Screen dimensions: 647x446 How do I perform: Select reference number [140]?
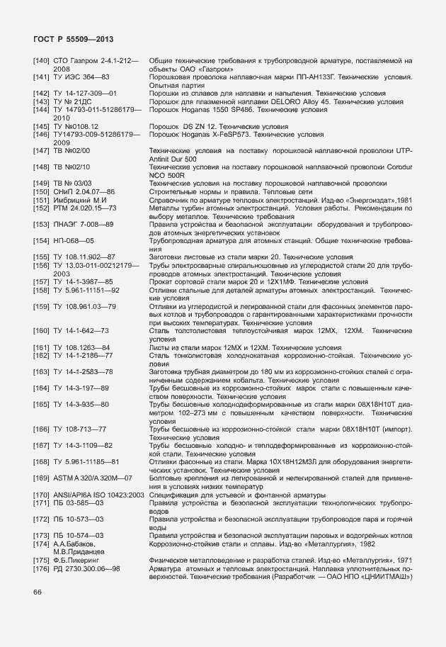tap(41, 62)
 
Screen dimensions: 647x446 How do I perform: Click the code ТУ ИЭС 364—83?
tap(81, 77)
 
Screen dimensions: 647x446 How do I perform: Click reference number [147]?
tap(41, 150)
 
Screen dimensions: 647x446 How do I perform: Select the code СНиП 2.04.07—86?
tap(85, 191)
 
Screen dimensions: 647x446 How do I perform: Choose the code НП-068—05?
tap(74, 240)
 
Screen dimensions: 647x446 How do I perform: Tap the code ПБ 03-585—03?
tap(79, 502)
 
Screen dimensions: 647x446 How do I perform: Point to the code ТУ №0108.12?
tap(77, 125)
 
